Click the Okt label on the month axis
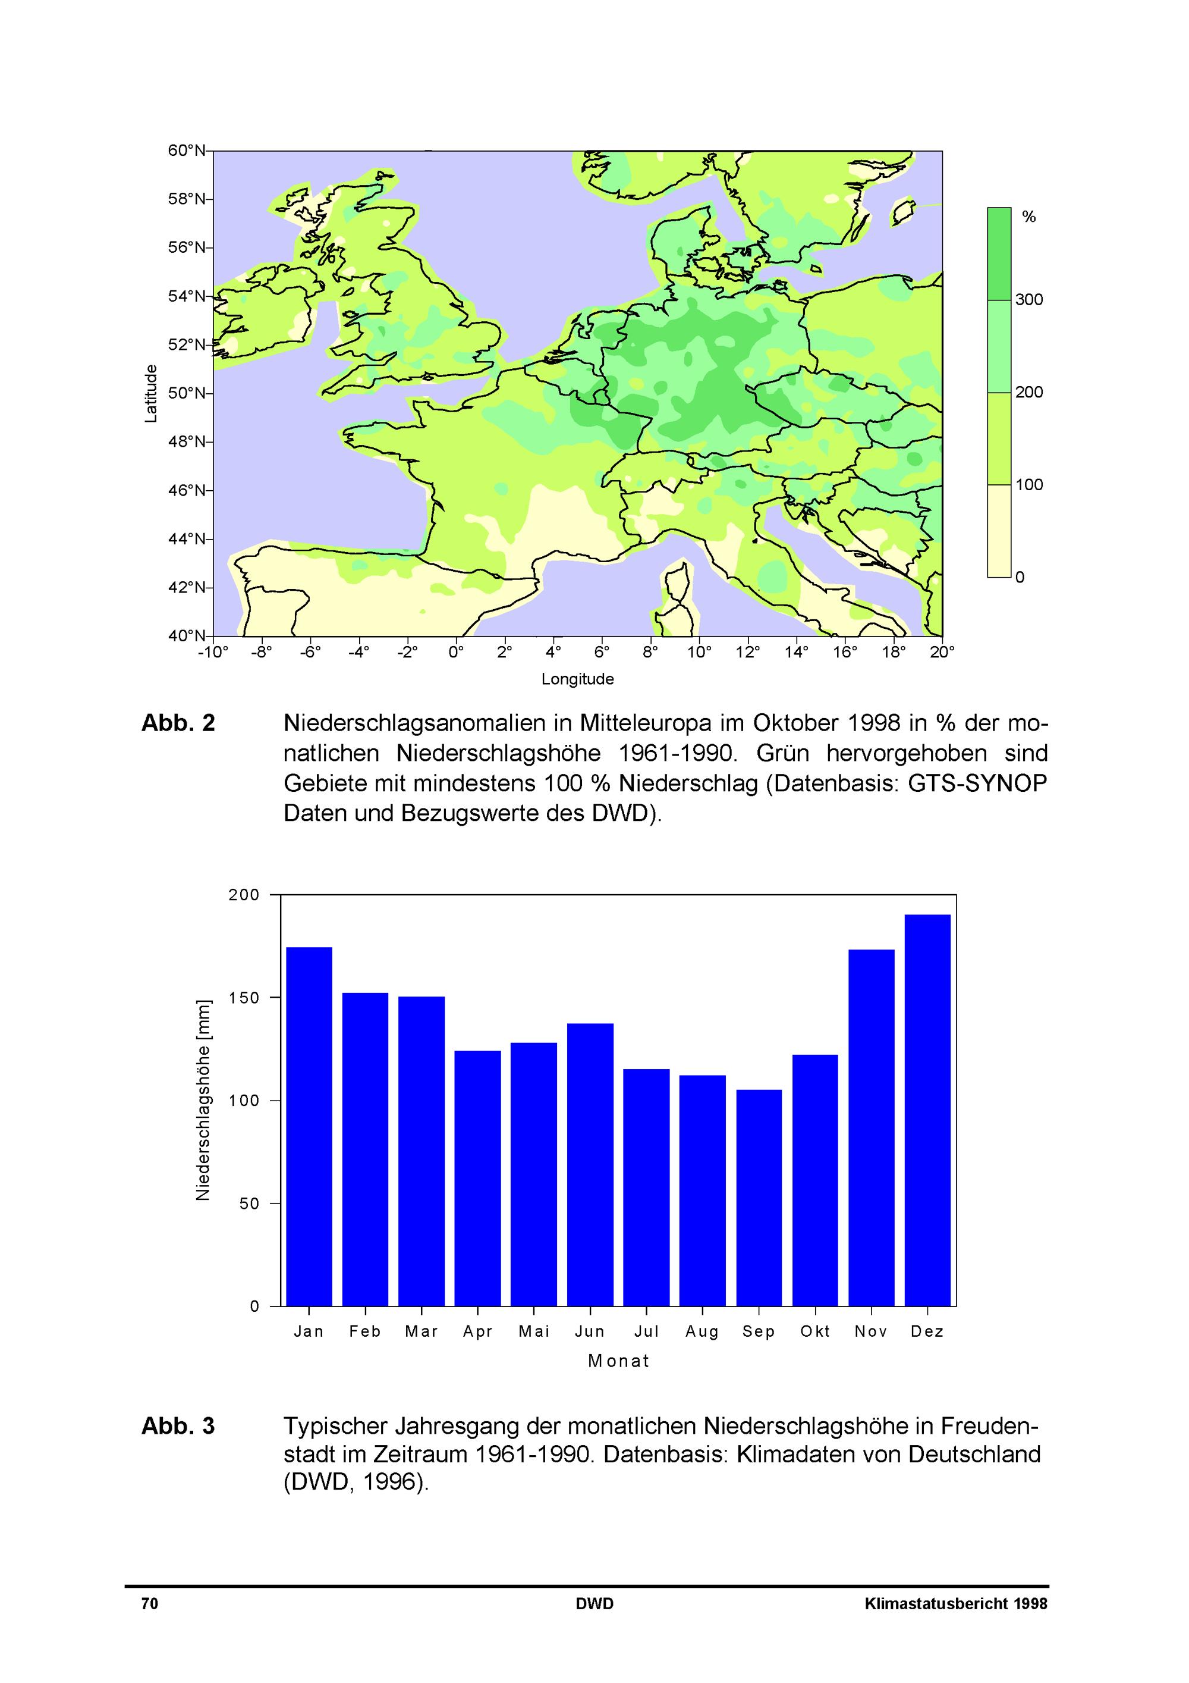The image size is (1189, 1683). point(816,1331)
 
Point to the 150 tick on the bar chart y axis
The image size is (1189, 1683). point(244,998)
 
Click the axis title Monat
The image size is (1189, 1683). point(619,1361)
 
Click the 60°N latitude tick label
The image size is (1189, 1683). point(186,151)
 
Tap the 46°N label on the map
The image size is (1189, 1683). point(186,490)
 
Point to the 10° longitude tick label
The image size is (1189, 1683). point(699,651)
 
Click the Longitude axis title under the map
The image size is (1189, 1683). point(577,679)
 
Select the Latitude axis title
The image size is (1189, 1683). point(151,394)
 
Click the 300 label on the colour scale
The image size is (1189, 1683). point(1028,299)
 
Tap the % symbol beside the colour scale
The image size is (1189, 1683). point(1028,217)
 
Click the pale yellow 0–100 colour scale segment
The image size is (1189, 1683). point(999,531)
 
